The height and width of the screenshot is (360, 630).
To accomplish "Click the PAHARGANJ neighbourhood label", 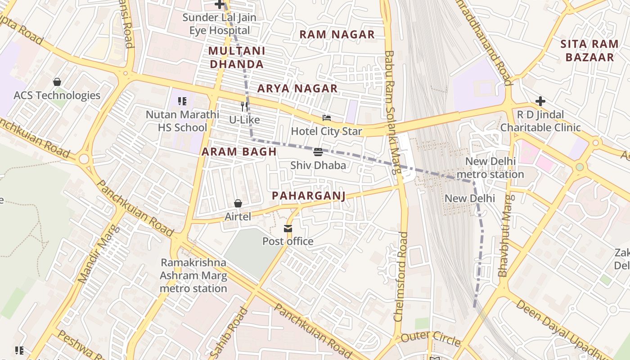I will click(x=309, y=195).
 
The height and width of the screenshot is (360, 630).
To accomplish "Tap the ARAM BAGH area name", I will click(x=239, y=152).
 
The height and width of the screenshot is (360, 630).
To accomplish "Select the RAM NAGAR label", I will click(x=337, y=34).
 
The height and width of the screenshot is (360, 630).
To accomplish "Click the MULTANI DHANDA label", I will click(x=237, y=57).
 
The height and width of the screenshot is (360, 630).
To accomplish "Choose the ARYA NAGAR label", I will click(x=297, y=89).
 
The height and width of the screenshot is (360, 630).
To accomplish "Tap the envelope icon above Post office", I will click(x=288, y=229).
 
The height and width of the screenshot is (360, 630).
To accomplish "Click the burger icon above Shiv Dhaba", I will click(x=318, y=153).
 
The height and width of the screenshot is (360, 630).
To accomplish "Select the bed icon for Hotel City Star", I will click(x=327, y=118).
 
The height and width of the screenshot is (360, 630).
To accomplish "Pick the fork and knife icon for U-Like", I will click(x=244, y=107).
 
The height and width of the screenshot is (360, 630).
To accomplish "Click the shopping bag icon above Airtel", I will click(x=238, y=204).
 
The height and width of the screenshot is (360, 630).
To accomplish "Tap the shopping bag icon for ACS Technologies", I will click(x=57, y=82).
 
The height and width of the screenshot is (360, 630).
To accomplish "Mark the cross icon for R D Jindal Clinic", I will click(x=540, y=101).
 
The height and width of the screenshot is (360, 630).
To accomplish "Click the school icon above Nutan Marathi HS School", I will click(x=182, y=101).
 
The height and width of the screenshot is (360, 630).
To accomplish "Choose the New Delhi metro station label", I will click(x=490, y=168).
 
